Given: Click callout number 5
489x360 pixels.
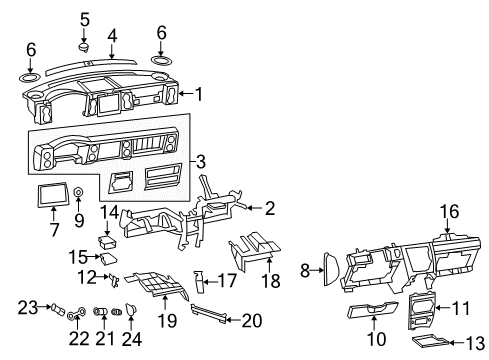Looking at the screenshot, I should point(84,18).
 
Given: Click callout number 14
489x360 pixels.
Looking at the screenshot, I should point(110,211).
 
